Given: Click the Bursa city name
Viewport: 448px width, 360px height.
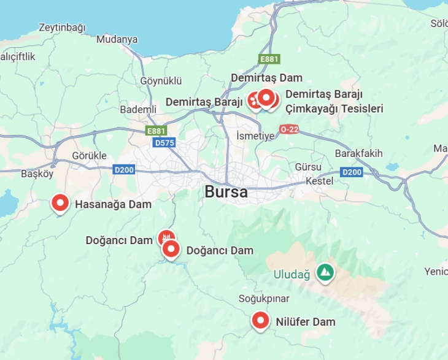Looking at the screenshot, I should pyautogui.click(x=226, y=192).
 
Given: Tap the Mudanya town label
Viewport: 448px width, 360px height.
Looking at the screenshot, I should pyautogui.click(x=117, y=39).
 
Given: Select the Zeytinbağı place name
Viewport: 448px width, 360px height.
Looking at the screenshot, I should pyautogui.click(x=62, y=28).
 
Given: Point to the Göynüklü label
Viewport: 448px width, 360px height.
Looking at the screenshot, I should pyautogui.click(x=161, y=80).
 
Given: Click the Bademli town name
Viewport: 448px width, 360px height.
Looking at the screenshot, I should pyautogui.click(x=138, y=109).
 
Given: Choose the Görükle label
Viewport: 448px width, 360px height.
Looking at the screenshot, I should pyautogui.click(x=90, y=155).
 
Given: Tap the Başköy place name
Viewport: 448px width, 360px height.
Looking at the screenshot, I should pyautogui.click(x=37, y=174).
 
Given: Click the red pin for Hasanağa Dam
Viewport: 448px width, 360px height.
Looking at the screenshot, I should pyautogui.click(x=60, y=202).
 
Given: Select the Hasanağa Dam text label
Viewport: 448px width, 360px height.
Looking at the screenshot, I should pyautogui.click(x=113, y=204).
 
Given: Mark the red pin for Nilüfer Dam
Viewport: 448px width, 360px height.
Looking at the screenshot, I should pyautogui.click(x=261, y=320).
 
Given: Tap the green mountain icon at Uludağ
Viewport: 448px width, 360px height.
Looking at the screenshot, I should pyautogui.click(x=325, y=272).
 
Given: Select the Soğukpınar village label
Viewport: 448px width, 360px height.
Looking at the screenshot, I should pyautogui.click(x=264, y=298).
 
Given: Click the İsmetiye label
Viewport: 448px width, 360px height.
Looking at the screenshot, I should pyautogui.click(x=255, y=136).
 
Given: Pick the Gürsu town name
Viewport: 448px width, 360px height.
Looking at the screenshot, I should pyautogui.click(x=308, y=167).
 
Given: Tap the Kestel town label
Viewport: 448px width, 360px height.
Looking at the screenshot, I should pyautogui.click(x=319, y=181).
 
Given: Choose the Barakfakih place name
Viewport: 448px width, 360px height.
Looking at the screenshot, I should pyautogui.click(x=359, y=153).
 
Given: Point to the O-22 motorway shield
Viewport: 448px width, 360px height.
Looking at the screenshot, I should pyautogui.click(x=288, y=129).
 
